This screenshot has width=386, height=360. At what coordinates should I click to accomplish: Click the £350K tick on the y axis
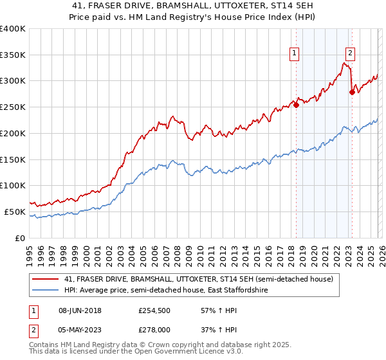pyautogui.click(x=13, y=55)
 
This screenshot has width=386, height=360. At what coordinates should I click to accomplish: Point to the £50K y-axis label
pyautogui.click(x=15, y=212)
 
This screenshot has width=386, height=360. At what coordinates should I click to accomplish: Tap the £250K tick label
pyautogui.click(x=13, y=107)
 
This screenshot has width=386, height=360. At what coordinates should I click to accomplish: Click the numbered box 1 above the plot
pyautogui.click(x=295, y=54)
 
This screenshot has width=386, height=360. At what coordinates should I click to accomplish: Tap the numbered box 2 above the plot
pyautogui.click(x=351, y=54)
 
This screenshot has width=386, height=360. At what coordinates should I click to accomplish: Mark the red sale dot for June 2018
pyautogui.click(x=296, y=105)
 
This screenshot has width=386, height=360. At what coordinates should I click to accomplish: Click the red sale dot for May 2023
pyautogui.click(x=352, y=93)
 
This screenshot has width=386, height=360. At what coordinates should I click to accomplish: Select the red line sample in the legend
pyautogui.click(x=46, y=279)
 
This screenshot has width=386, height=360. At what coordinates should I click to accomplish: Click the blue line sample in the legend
pyautogui.click(x=46, y=291)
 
